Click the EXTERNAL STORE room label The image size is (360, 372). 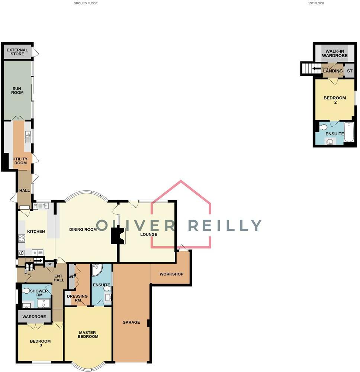click(17, 52)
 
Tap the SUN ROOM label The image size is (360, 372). click(17, 90)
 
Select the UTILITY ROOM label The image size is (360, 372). click(20, 161)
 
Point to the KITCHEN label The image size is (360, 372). click(36, 232)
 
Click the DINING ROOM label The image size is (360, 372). click(83, 230)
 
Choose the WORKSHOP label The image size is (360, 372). click(171, 274)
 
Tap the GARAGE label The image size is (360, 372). click(131, 322)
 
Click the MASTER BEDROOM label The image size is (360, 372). click(88, 334)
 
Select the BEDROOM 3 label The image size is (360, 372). click(40, 343)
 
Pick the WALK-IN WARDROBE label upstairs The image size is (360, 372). click(335, 54)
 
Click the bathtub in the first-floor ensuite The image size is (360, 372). click(349, 132)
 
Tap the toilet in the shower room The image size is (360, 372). click(26, 291)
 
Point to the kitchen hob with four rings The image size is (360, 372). click(22, 238)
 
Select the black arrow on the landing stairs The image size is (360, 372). click(317, 68)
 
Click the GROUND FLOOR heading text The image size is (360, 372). click(86, 3)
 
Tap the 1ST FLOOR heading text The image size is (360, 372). click(316, 3)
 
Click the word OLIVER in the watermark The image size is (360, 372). click(135, 226)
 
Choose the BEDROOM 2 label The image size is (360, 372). click(335, 100)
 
